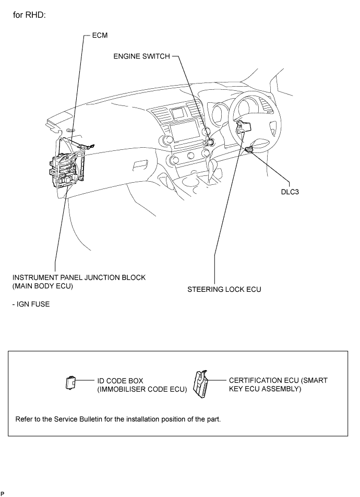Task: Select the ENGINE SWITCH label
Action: coord(141,57)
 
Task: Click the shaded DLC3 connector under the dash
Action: coord(249,150)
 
